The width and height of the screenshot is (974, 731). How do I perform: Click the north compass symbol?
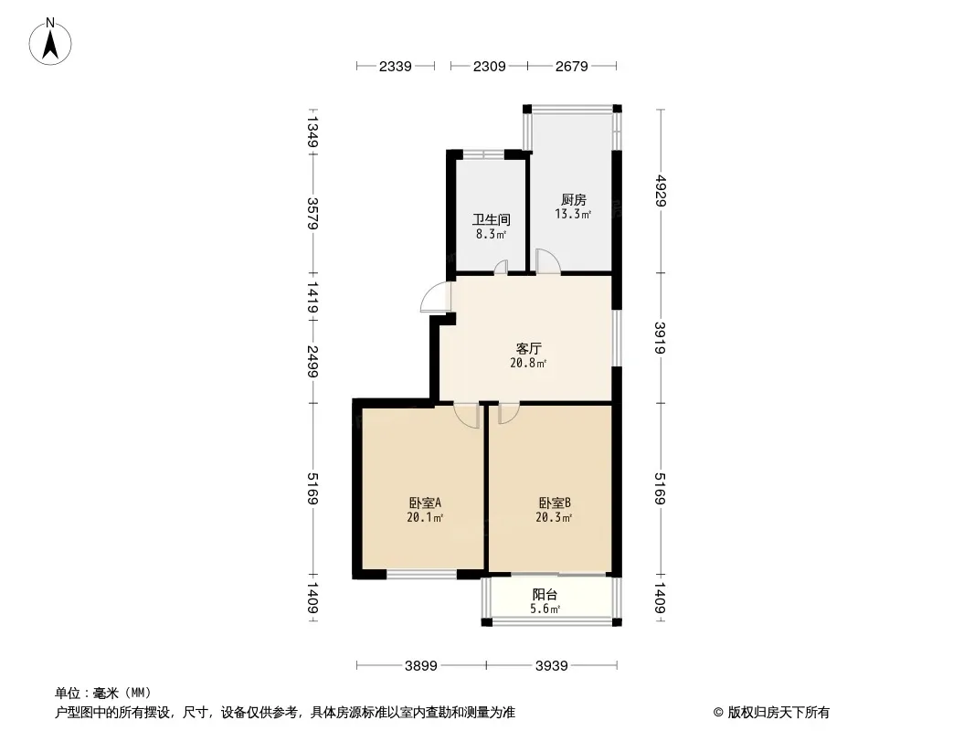(x=52, y=41)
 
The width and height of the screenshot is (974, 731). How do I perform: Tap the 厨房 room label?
(x=573, y=200)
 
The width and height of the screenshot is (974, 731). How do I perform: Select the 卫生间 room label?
(x=491, y=220)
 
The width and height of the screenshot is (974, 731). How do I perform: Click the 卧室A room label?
(x=425, y=503)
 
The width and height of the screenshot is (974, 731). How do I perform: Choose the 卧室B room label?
(x=555, y=503)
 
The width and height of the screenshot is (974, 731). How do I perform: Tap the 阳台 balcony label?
(x=545, y=594)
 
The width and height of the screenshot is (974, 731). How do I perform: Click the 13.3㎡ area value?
(x=573, y=215)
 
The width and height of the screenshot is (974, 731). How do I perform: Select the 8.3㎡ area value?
(x=491, y=234)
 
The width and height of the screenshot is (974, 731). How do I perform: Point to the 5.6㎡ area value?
(x=545, y=609)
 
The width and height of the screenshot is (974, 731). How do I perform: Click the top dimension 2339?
(x=396, y=66)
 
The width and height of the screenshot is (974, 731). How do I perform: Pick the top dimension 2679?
(x=571, y=66)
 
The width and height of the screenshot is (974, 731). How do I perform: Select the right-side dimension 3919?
(x=660, y=337)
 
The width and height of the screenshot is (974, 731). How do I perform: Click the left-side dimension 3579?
(x=312, y=214)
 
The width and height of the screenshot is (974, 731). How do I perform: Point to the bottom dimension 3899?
(x=421, y=666)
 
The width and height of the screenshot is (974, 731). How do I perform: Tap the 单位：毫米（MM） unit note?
(x=103, y=693)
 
